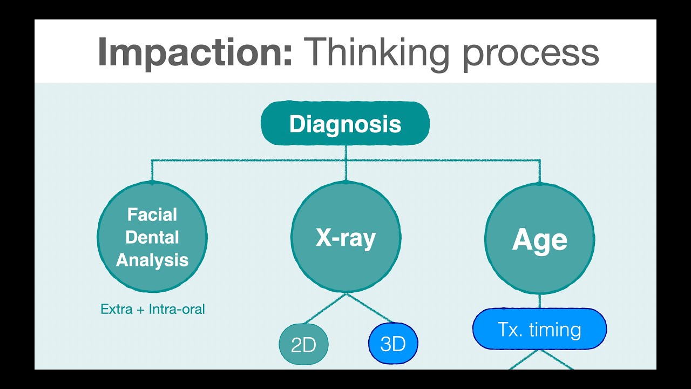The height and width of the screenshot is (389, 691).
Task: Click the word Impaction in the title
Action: [195, 52]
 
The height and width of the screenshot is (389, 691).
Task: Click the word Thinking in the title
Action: [377, 52]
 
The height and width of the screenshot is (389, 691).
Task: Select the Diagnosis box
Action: [345, 124]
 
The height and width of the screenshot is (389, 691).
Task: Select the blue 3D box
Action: [393, 344]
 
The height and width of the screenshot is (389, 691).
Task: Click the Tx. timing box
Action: [539, 330]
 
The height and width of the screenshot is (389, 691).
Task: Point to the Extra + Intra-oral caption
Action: [153, 310]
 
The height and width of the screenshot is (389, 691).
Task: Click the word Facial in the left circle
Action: [152, 215]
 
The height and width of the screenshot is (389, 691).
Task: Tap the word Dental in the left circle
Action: [152, 238]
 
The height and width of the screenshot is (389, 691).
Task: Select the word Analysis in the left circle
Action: [152, 260]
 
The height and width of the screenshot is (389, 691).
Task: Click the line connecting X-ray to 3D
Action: [369, 308]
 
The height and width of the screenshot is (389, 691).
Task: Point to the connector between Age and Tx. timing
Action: [540, 301]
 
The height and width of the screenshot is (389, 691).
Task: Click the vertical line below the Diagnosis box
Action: [345, 152]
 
